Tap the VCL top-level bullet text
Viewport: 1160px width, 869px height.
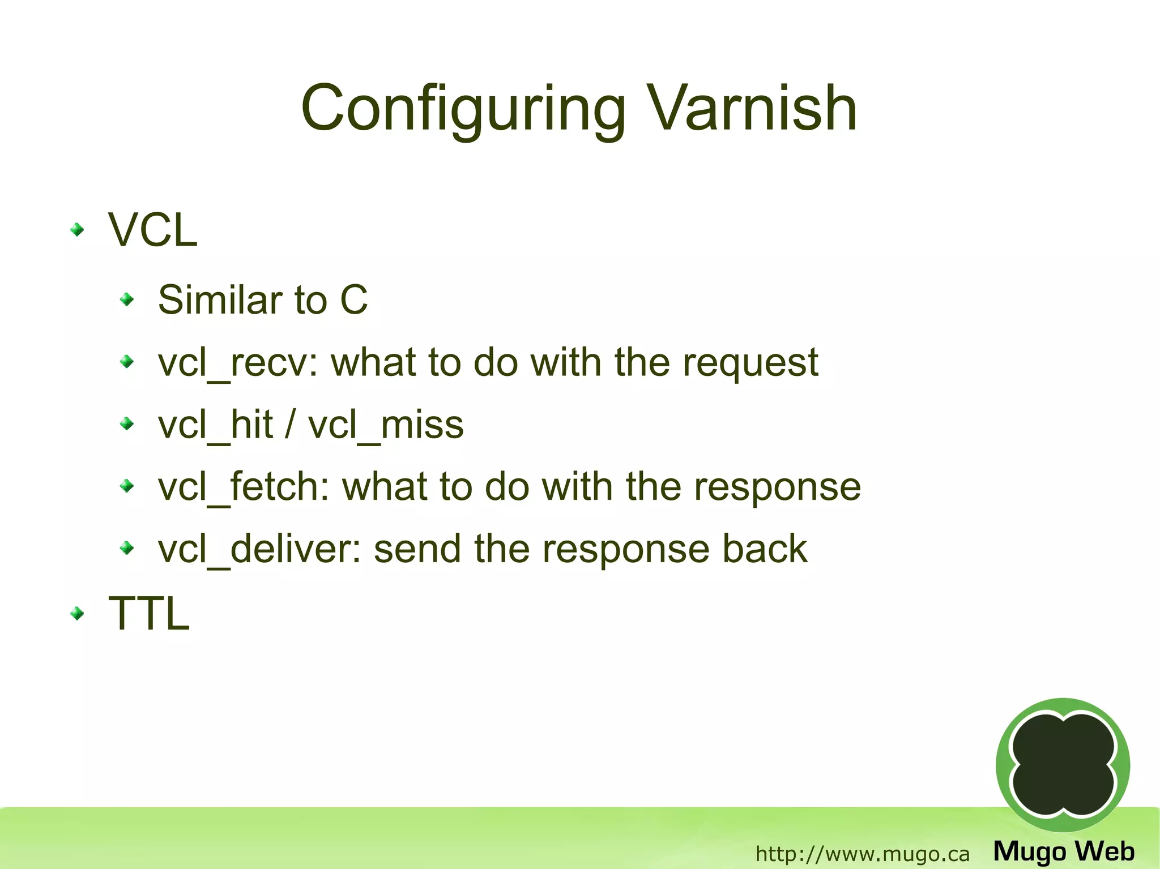point(152,230)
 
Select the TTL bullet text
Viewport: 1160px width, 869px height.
point(148,613)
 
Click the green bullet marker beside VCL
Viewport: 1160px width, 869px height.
point(77,230)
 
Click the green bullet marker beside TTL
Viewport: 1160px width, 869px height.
point(77,613)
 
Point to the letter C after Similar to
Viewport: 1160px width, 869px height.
point(354,299)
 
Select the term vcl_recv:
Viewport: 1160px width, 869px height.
point(238,363)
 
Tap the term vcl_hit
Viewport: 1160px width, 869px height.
point(215,425)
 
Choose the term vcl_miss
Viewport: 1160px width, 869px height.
point(386,425)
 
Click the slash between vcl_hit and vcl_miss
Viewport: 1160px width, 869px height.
point(290,425)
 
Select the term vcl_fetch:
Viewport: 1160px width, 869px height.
point(244,487)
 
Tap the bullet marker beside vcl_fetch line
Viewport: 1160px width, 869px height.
point(127,486)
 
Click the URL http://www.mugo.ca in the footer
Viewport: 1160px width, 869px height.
point(862,854)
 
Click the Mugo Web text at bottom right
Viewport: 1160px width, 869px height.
point(1064,851)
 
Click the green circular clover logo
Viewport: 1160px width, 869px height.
point(1063,765)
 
